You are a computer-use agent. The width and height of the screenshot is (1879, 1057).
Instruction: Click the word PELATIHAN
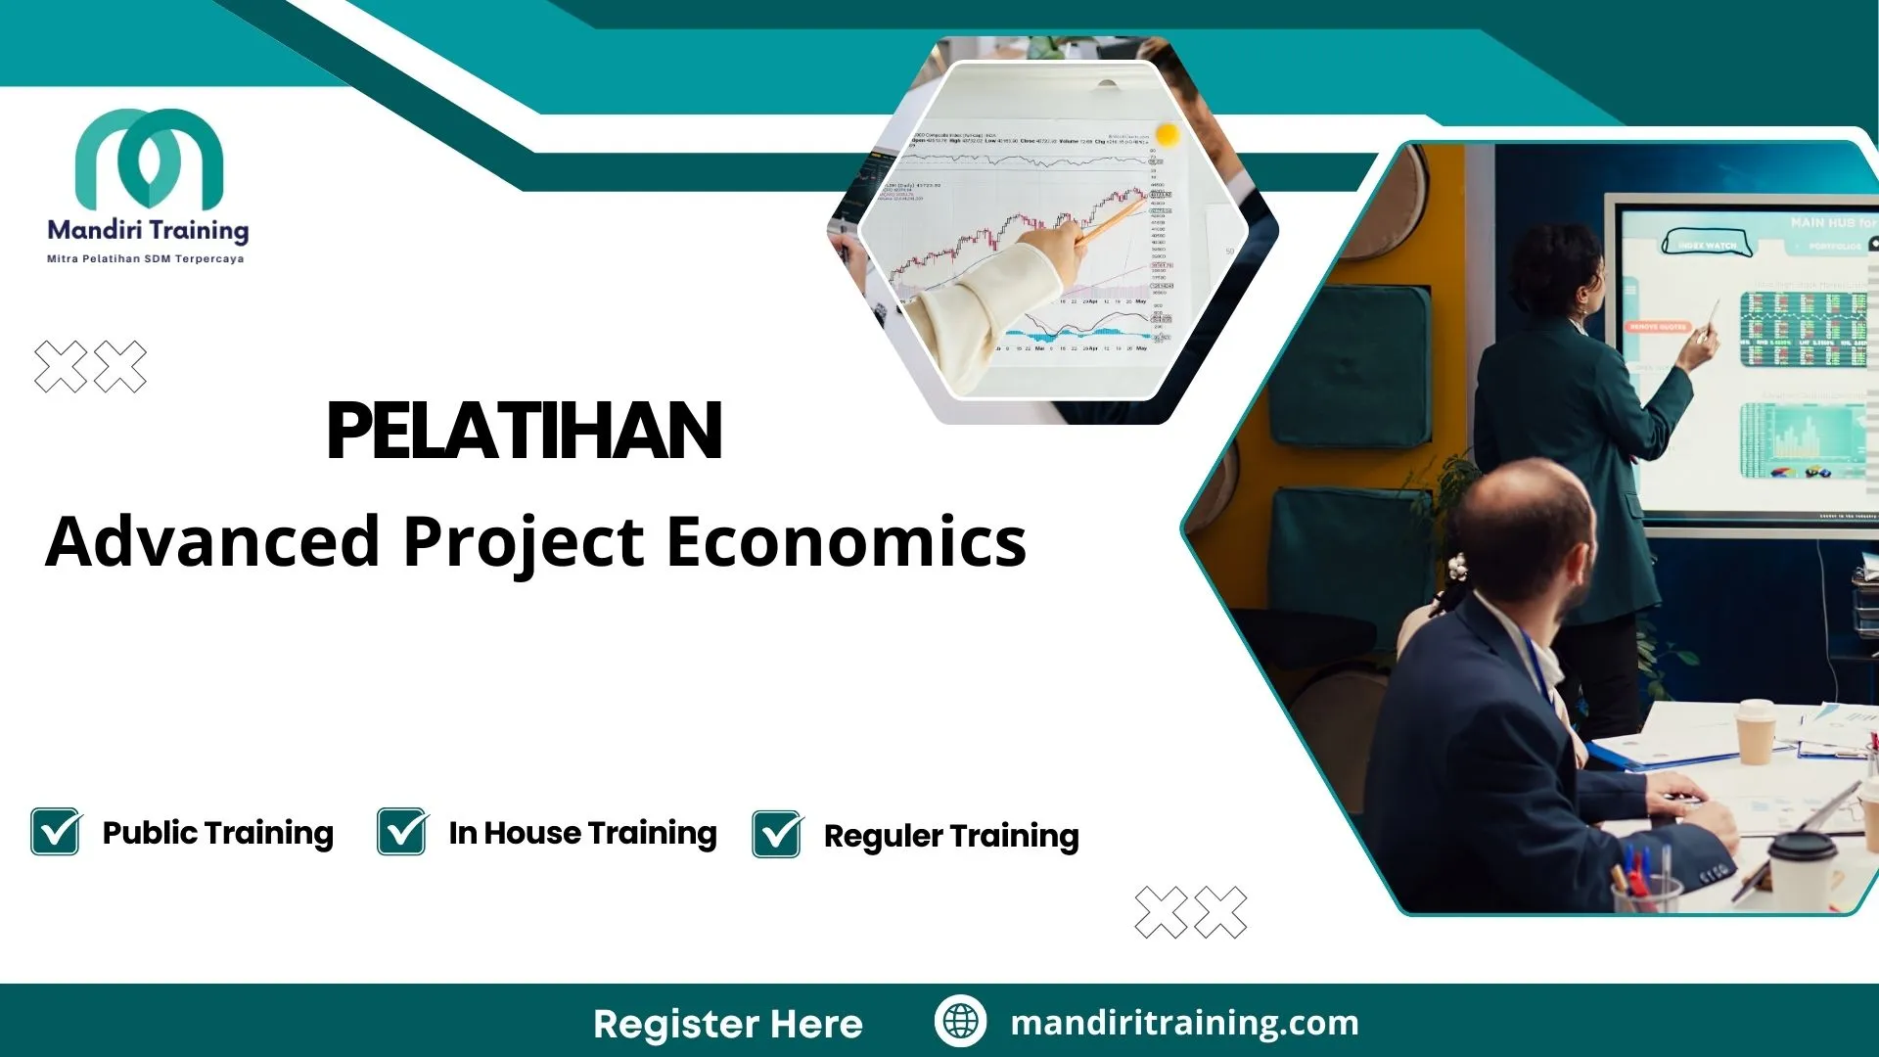525,432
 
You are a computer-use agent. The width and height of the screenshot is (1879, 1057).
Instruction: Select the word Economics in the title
847,541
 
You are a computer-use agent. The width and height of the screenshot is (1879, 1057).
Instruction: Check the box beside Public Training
56,832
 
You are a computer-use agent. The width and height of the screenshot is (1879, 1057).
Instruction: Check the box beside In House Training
402,832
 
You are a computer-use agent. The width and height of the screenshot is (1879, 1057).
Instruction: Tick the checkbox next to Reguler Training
777,834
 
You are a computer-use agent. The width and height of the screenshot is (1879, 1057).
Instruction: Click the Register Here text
728,1024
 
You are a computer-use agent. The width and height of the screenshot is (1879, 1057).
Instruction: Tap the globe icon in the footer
960,1022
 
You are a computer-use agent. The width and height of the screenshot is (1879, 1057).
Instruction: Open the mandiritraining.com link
1184,1023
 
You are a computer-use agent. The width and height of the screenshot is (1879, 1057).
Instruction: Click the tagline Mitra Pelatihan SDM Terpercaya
146,259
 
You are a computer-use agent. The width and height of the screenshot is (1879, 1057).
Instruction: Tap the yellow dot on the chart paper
1167,133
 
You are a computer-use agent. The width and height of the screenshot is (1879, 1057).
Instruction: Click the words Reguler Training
951,836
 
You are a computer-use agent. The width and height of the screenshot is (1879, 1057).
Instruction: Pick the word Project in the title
524,541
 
